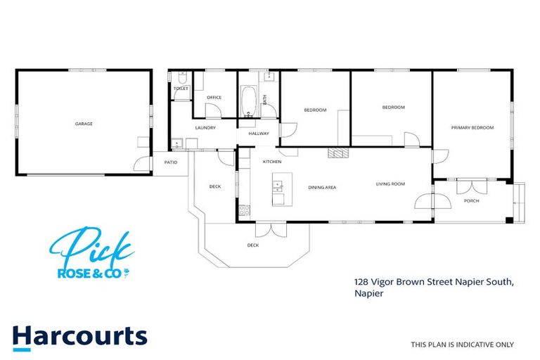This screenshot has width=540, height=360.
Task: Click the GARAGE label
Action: tap(84, 124)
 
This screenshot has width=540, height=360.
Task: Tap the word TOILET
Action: tap(181, 89)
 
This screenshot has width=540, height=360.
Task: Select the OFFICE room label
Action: tap(214, 98)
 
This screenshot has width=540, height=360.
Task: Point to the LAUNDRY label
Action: tap(205, 128)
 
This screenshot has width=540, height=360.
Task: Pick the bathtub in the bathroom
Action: tap(247, 103)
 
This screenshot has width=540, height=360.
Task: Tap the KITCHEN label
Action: tap(272, 162)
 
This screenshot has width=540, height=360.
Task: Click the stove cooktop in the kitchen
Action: tap(245, 210)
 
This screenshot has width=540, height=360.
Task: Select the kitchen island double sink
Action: tap(278, 186)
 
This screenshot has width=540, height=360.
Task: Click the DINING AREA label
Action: tap(322, 188)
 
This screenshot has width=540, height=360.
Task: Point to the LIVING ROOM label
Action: tap(391, 184)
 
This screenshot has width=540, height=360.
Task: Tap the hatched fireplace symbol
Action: tap(338, 152)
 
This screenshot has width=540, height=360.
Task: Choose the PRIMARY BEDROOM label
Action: tap(472, 128)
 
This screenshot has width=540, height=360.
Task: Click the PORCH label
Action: tap(471, 201)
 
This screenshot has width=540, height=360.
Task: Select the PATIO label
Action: tap(171, 162)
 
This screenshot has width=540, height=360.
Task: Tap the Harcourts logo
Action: tap(79, 337)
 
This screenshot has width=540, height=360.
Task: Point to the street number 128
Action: tap(362, 282)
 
